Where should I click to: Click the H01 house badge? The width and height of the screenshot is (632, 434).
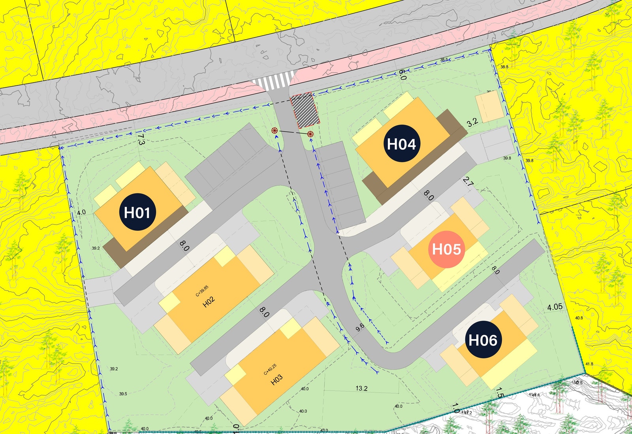pos(137,212)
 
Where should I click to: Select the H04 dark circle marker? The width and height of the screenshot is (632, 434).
pos(401,144)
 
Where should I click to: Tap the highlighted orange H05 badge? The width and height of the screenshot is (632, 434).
pos(446,249)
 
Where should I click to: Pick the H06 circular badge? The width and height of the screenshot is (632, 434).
pos(483,340)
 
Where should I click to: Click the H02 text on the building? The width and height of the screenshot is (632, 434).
pos(209,302)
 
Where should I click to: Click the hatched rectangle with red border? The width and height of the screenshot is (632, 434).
pos(305,111)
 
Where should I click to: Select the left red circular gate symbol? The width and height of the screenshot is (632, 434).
pos(275,130)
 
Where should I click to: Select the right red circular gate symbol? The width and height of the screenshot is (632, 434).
pos(310,134)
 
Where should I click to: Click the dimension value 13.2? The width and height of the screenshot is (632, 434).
pos(361,389)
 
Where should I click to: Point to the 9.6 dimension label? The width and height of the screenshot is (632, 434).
pos(359,328)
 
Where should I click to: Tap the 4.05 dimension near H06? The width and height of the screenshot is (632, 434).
pos(555,307)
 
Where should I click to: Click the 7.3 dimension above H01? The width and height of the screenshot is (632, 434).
pos(141,140)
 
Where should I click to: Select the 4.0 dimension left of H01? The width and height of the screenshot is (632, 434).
pos(81,213)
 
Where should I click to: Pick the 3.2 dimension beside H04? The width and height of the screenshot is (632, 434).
pos(472,122)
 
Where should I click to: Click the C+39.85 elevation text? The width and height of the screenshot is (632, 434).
pos(202,291)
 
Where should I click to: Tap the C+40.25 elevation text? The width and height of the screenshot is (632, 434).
pos(270,370)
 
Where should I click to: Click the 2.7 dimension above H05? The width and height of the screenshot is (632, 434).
pos(468,182)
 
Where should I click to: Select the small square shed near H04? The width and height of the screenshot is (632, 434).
pos(489,107)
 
